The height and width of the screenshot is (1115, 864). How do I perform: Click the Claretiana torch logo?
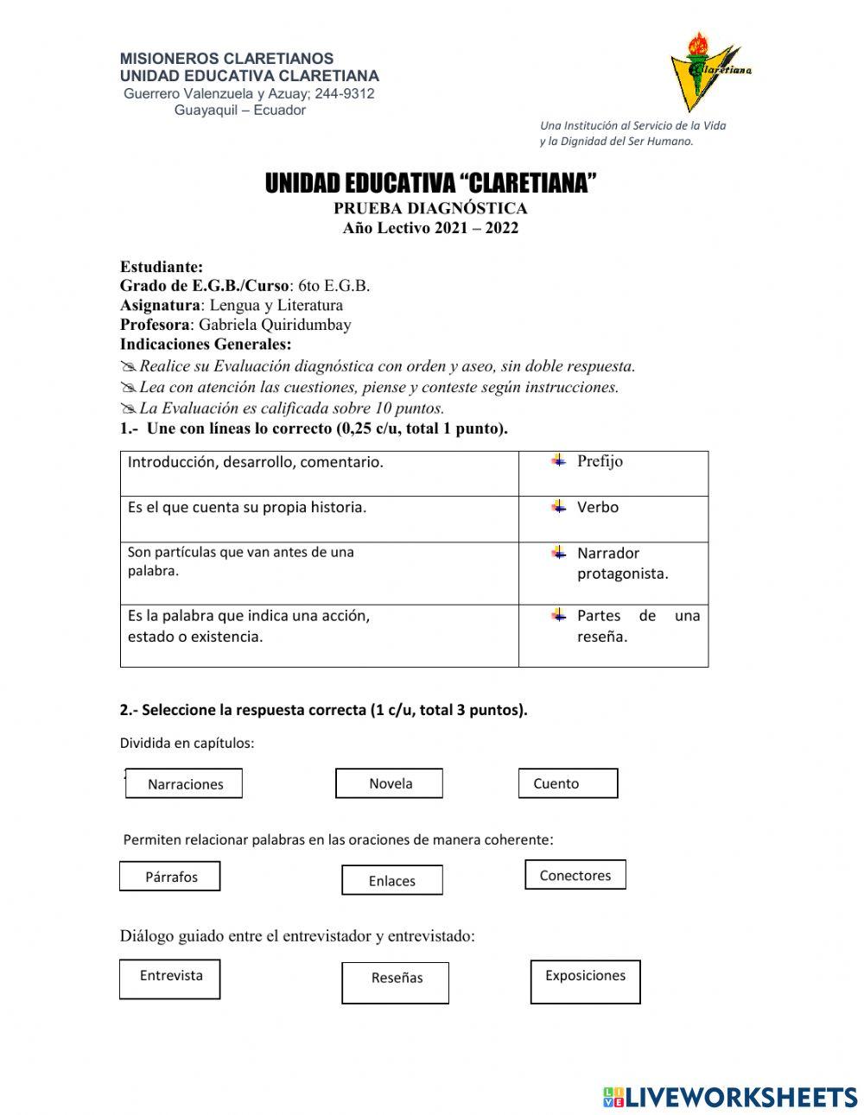click(707, 71)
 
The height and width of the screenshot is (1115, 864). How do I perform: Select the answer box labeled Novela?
click(389, 783)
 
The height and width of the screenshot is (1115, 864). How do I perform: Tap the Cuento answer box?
click(568, 783)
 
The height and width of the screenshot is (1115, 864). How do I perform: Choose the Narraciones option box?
click(184, 783)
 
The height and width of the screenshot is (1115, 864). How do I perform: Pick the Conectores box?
click(575, 875)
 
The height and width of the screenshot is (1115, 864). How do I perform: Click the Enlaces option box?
click(392, 881)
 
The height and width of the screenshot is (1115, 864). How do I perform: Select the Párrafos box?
click(170, 877)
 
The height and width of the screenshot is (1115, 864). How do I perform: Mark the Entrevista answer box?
click(170, 979)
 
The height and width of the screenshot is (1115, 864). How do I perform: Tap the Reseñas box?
click(396, 983)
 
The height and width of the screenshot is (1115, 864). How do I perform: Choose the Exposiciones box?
click(585, 981)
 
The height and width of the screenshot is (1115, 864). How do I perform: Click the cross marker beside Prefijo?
click(559, 460)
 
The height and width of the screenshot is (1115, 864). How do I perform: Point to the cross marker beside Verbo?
click(559, 506)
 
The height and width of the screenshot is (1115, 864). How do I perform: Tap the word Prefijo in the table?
click(600, 461)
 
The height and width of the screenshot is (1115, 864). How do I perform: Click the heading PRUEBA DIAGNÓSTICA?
click(430, 208)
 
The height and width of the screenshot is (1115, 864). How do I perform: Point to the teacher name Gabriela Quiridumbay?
click(275, 325)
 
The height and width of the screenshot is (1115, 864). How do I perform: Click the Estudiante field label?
click(162, 267)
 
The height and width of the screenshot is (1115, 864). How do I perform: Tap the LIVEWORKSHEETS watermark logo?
click(730, 1097)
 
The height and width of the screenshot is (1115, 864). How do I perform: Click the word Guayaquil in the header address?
click(204, 111)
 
